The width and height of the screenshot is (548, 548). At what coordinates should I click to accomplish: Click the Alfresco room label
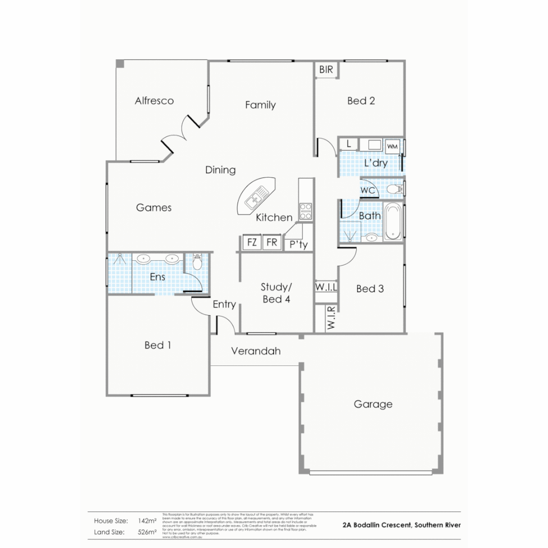(x=154, y=100)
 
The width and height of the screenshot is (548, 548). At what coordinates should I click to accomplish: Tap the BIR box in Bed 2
(x=326, y=70)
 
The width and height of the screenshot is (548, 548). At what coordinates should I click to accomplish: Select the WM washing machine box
(x=392, y=146)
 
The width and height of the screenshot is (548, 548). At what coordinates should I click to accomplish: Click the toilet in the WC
(x=394, y=190)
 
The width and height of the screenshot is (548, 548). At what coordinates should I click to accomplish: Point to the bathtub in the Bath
(x=393, y=221)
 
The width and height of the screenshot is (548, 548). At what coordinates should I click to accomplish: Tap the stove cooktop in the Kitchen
(x=305, y=211)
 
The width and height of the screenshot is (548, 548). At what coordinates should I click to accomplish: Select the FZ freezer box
(x=252, y=243)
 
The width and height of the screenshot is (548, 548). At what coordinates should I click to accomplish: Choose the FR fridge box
(x=272, y=243)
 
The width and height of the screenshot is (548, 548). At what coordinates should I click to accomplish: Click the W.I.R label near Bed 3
(x=330, y=318)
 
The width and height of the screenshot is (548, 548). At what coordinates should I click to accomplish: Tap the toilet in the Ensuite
(x=197, y=262)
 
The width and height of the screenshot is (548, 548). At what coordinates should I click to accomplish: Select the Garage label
(x=373, y=404)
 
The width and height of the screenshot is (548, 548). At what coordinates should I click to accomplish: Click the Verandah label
(x=256, y=351)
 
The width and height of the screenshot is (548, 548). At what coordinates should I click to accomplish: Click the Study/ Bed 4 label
(x=276, y=293)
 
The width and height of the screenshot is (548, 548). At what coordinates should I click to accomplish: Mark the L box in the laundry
(x=348, y=144)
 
